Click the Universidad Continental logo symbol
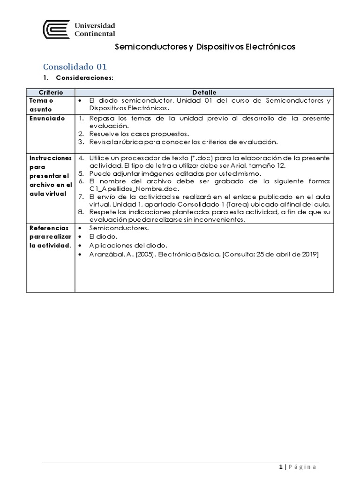[57, 29]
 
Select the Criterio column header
[50, 92]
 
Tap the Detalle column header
[204, 92]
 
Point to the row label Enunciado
[47, 119]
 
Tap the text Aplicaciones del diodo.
[128, 246]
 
